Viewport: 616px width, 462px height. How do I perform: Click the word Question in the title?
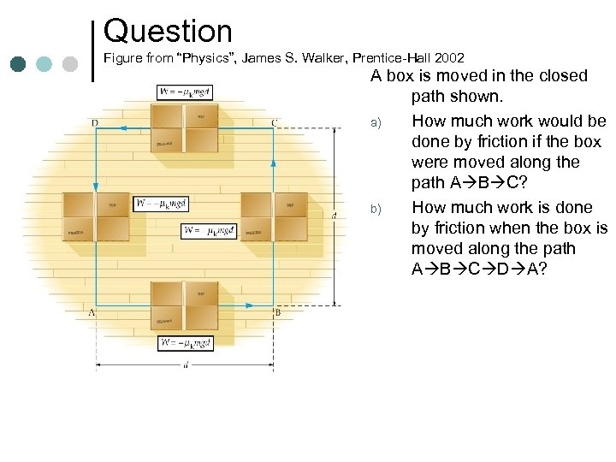(x=168, y=32)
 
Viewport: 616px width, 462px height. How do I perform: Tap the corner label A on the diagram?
(x=92, y=313)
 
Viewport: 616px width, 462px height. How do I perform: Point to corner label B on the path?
(x=277, y=313)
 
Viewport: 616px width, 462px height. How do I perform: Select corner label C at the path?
(x=274, y=122)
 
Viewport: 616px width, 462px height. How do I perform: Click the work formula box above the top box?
(x=186, y=92)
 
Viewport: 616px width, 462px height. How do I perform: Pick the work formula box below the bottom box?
(x=186, y=343)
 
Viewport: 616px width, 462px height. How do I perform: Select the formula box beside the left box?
(x=161, y=204)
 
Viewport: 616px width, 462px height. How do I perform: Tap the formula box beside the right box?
(x=209, y=230)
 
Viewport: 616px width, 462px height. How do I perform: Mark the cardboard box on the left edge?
(x=96, y=216)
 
